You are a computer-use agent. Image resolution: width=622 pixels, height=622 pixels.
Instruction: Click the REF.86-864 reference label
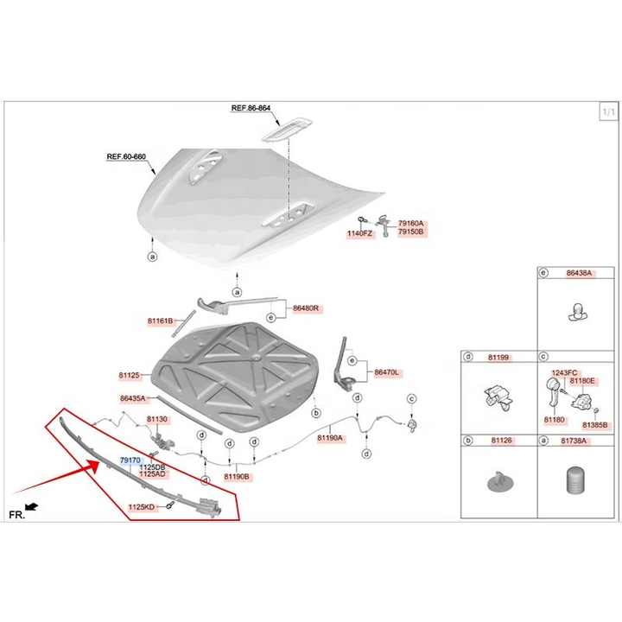pos(251,109)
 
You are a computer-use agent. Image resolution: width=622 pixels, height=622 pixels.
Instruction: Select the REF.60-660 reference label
pos(126,157)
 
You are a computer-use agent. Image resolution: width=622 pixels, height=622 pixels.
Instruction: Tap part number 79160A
pos(412,224)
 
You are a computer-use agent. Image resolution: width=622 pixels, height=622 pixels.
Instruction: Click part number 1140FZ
pos(360,234)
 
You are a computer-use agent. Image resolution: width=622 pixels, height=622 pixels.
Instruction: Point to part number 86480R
pos(306,308)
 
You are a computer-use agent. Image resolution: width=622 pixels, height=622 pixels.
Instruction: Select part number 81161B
pos(160,321)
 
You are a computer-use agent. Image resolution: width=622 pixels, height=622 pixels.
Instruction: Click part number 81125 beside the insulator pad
pos(129,375)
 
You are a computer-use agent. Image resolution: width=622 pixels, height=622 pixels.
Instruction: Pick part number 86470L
pos(386,372)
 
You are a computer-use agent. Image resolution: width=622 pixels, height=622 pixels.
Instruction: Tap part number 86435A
pos(133,398)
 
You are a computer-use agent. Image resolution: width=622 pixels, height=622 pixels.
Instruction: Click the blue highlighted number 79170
pos(130,460)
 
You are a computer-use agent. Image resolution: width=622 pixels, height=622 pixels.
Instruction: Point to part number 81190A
pos(330,438)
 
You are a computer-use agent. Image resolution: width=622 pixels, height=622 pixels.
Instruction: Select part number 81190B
pos(237,476)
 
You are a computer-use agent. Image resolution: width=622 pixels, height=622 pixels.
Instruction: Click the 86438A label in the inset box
pos(579,273)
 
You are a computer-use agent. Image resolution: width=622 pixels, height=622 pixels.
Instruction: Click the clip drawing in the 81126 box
pos(498,480)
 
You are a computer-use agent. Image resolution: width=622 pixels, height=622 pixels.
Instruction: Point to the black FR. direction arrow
pos(32,505)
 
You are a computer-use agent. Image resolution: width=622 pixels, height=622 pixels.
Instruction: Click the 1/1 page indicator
pos(608,112)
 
